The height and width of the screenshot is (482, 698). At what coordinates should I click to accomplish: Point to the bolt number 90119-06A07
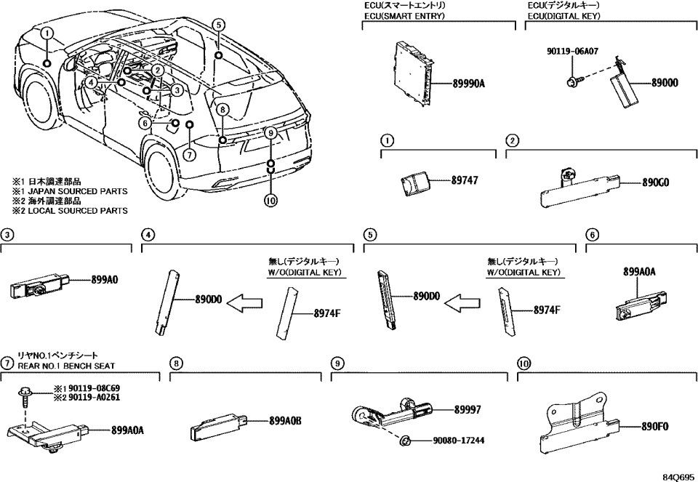pos(574,52)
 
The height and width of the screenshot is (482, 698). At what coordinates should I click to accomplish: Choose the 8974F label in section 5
pos(546,309)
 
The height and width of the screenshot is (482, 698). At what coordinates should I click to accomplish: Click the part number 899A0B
pos(285,421)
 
